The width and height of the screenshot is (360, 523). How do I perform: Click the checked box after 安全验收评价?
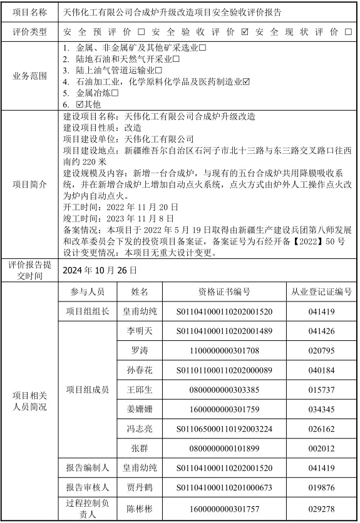click(245, 31)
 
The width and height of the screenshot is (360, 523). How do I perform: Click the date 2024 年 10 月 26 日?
click(100, 270)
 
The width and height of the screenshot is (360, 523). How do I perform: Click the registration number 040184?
click(322, 370)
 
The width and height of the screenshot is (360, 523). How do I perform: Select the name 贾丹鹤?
click(140, 487)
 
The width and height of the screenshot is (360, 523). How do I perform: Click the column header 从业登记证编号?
click(322, 292)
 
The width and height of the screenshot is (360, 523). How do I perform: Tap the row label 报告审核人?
click(88, 487)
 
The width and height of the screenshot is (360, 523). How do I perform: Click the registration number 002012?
click(322, 448)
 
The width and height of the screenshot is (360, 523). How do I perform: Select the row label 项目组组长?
click(88, 311)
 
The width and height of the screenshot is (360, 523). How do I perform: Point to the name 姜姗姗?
click(140, 409)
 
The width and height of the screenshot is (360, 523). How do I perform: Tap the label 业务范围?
click(30, 76)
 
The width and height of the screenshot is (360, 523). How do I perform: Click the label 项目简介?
click(30, 185)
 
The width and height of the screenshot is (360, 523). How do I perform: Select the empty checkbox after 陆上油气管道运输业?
click(158, 71)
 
